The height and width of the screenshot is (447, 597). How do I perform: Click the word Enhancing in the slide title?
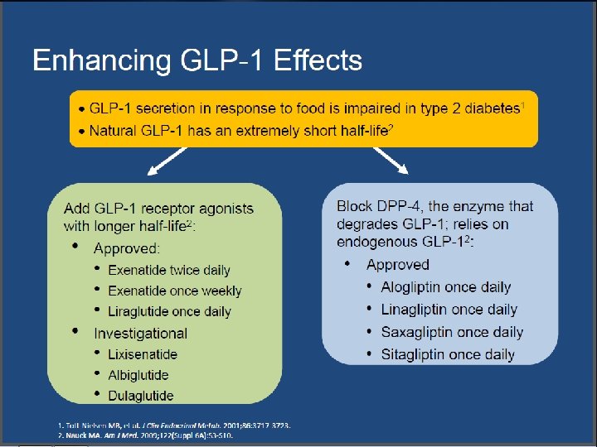point(92,60)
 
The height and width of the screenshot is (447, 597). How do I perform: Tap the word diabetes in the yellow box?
point(484,109)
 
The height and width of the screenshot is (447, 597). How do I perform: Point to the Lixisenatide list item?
point(142,354)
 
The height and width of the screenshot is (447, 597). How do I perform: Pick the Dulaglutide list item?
point(141,396)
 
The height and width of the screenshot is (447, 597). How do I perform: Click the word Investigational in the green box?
point(140,334)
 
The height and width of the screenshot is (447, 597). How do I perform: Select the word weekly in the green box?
point(221,291)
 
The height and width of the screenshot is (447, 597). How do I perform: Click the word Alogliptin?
point(411,287)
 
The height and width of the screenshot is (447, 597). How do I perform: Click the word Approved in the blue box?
point(398,265)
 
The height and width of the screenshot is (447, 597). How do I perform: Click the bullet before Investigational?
point(75,332)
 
